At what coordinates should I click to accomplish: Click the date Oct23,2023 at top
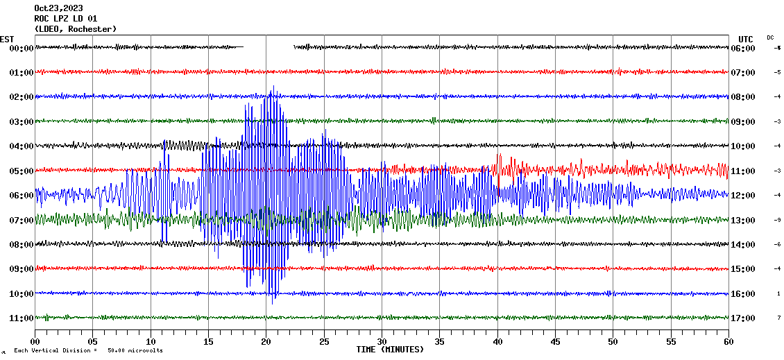point(59,8)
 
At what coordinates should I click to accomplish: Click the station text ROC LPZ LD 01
point(66,19)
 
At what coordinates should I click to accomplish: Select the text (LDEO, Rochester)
point(76,28)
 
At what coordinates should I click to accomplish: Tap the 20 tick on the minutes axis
point(266,342)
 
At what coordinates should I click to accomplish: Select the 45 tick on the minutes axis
point(555,342)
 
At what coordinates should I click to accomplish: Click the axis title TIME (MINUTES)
point(390,350)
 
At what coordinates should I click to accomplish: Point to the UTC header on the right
point(746,39)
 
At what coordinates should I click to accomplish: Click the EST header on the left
point(7,39)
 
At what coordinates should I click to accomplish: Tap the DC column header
point(770,37)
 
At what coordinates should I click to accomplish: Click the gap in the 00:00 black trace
point(269,47)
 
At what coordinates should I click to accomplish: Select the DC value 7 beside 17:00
point(778,318)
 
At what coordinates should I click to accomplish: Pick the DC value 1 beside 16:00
point(778,293)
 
